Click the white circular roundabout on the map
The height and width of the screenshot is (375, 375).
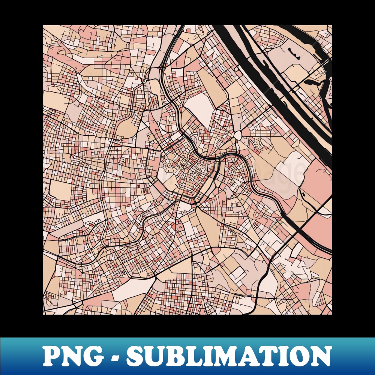(238, 136)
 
